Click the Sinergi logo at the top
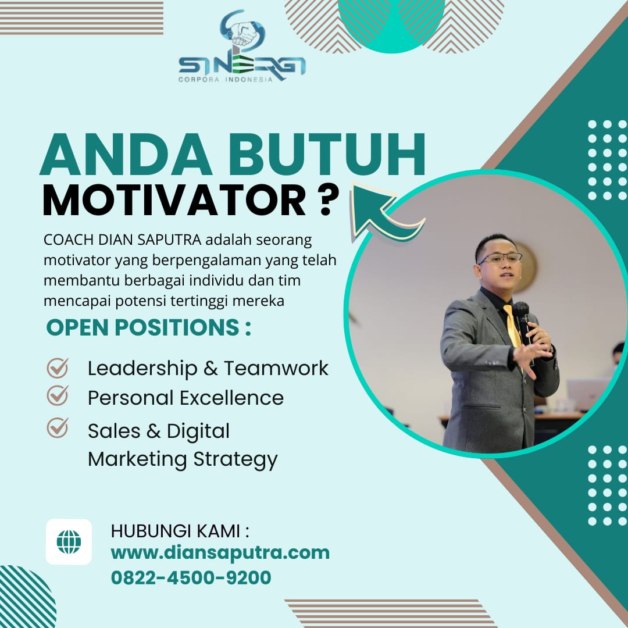tap(242, 46)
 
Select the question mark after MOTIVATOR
tap(326, 199)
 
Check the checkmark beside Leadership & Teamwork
tap(58, 367)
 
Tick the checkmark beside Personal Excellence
tap(58, 396)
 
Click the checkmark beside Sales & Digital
tap(58, 427)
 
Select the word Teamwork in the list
tap(276, 367)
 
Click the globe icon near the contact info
tap(69, 542)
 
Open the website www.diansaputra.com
tap(220, 553)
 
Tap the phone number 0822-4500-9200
tap(191, 577)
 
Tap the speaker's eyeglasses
tap(499, 258)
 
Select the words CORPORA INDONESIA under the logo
tap(226, 79)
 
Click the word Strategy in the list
tap(235, 460)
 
